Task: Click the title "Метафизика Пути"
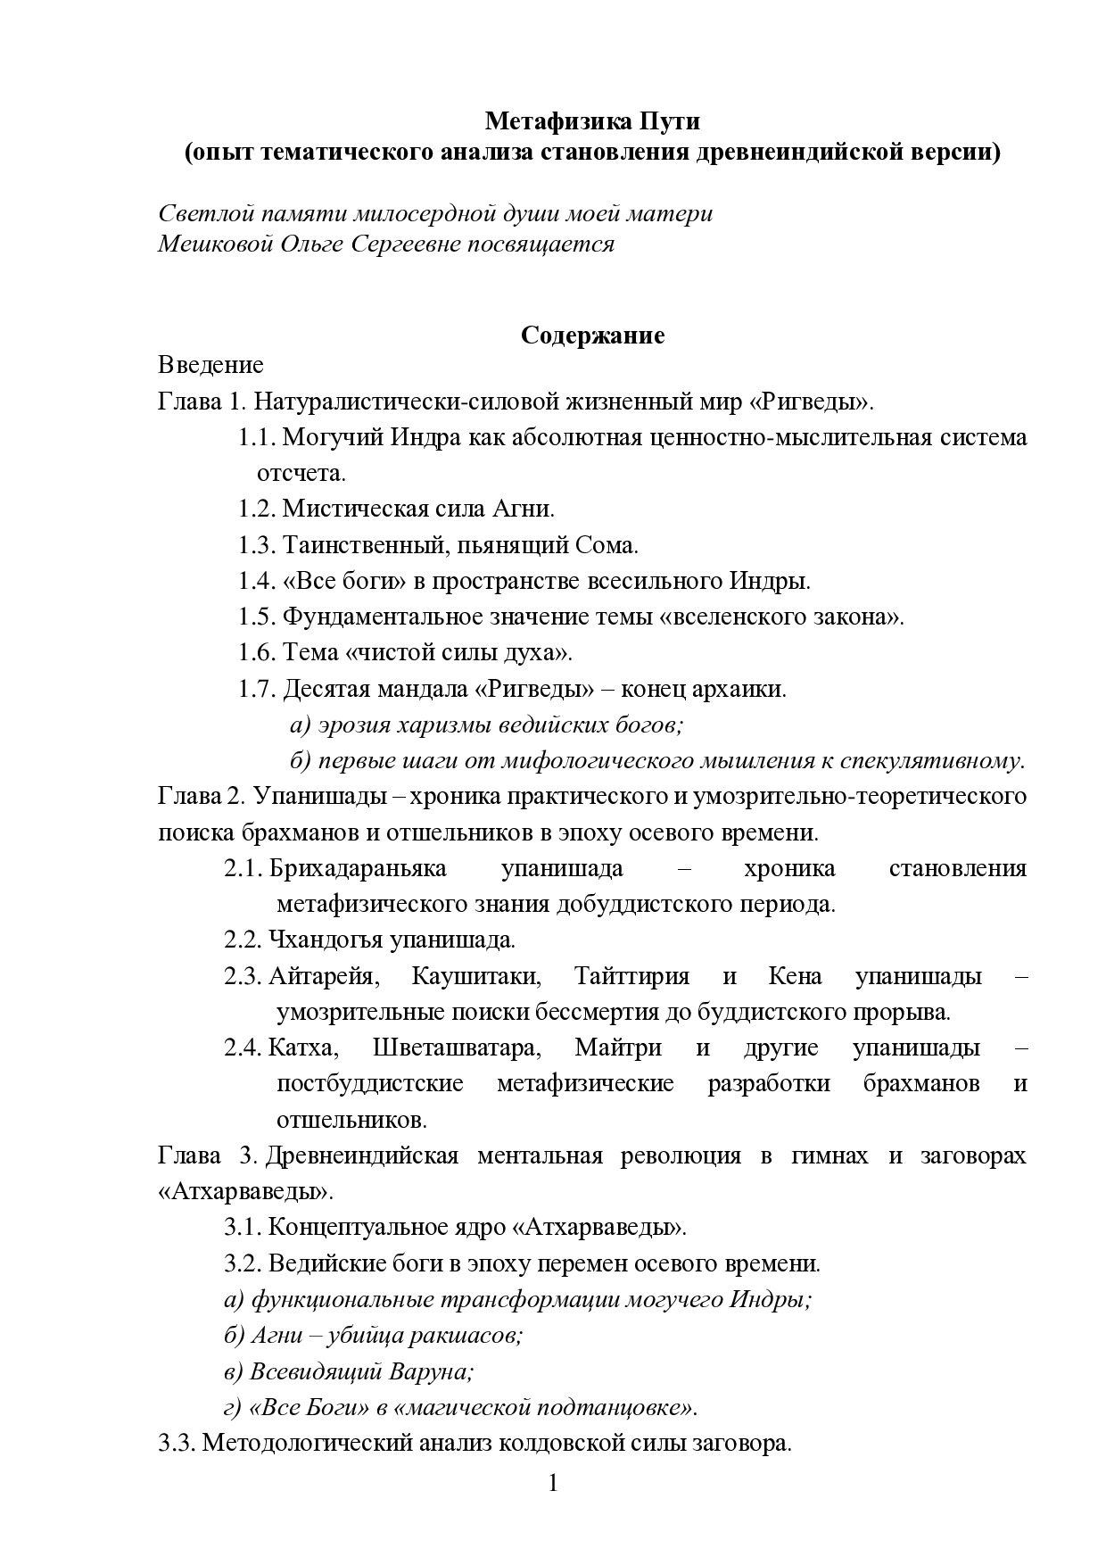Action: tap(592, 120)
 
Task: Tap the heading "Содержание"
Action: tap(592, 335)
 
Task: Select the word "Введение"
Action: tap(210, 365)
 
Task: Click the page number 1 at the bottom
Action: tap(553, 1484)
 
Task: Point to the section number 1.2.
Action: tap(256, 509)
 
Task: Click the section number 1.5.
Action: tap(256, 617)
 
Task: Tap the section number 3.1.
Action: tap(242, 1227)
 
